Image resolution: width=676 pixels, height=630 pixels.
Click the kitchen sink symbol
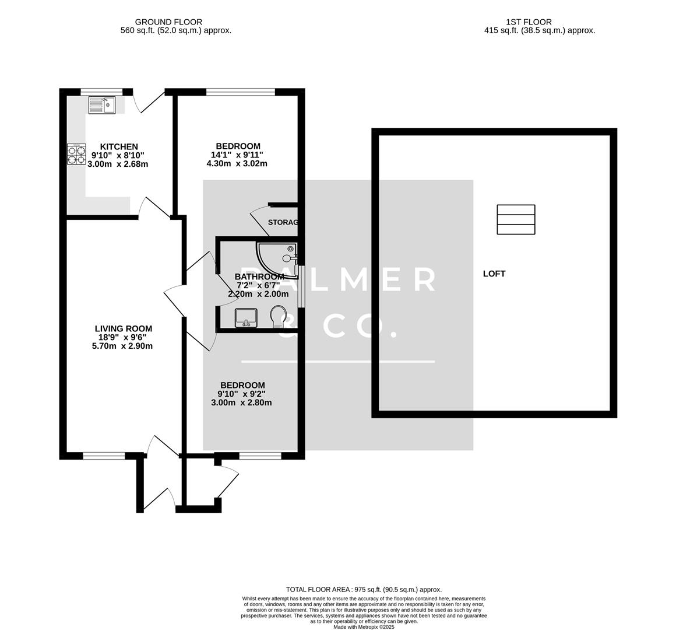103,105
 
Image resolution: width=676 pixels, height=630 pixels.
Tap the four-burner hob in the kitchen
76,153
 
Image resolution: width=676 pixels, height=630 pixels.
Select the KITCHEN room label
119,146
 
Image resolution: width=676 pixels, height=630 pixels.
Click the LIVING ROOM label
124,329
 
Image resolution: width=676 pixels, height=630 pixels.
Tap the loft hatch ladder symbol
516,220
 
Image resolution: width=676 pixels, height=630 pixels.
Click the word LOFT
494,274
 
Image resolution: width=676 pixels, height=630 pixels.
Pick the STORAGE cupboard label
283,222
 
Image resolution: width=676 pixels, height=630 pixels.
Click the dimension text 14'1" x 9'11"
237,155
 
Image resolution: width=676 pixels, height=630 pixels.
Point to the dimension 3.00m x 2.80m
241,402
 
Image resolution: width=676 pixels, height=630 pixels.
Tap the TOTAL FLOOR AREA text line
364,590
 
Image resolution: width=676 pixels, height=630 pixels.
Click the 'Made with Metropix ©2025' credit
364,627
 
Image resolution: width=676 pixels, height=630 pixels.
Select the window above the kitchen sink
101,92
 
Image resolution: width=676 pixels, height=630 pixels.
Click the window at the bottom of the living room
104,456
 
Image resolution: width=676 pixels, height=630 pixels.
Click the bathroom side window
301,286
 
